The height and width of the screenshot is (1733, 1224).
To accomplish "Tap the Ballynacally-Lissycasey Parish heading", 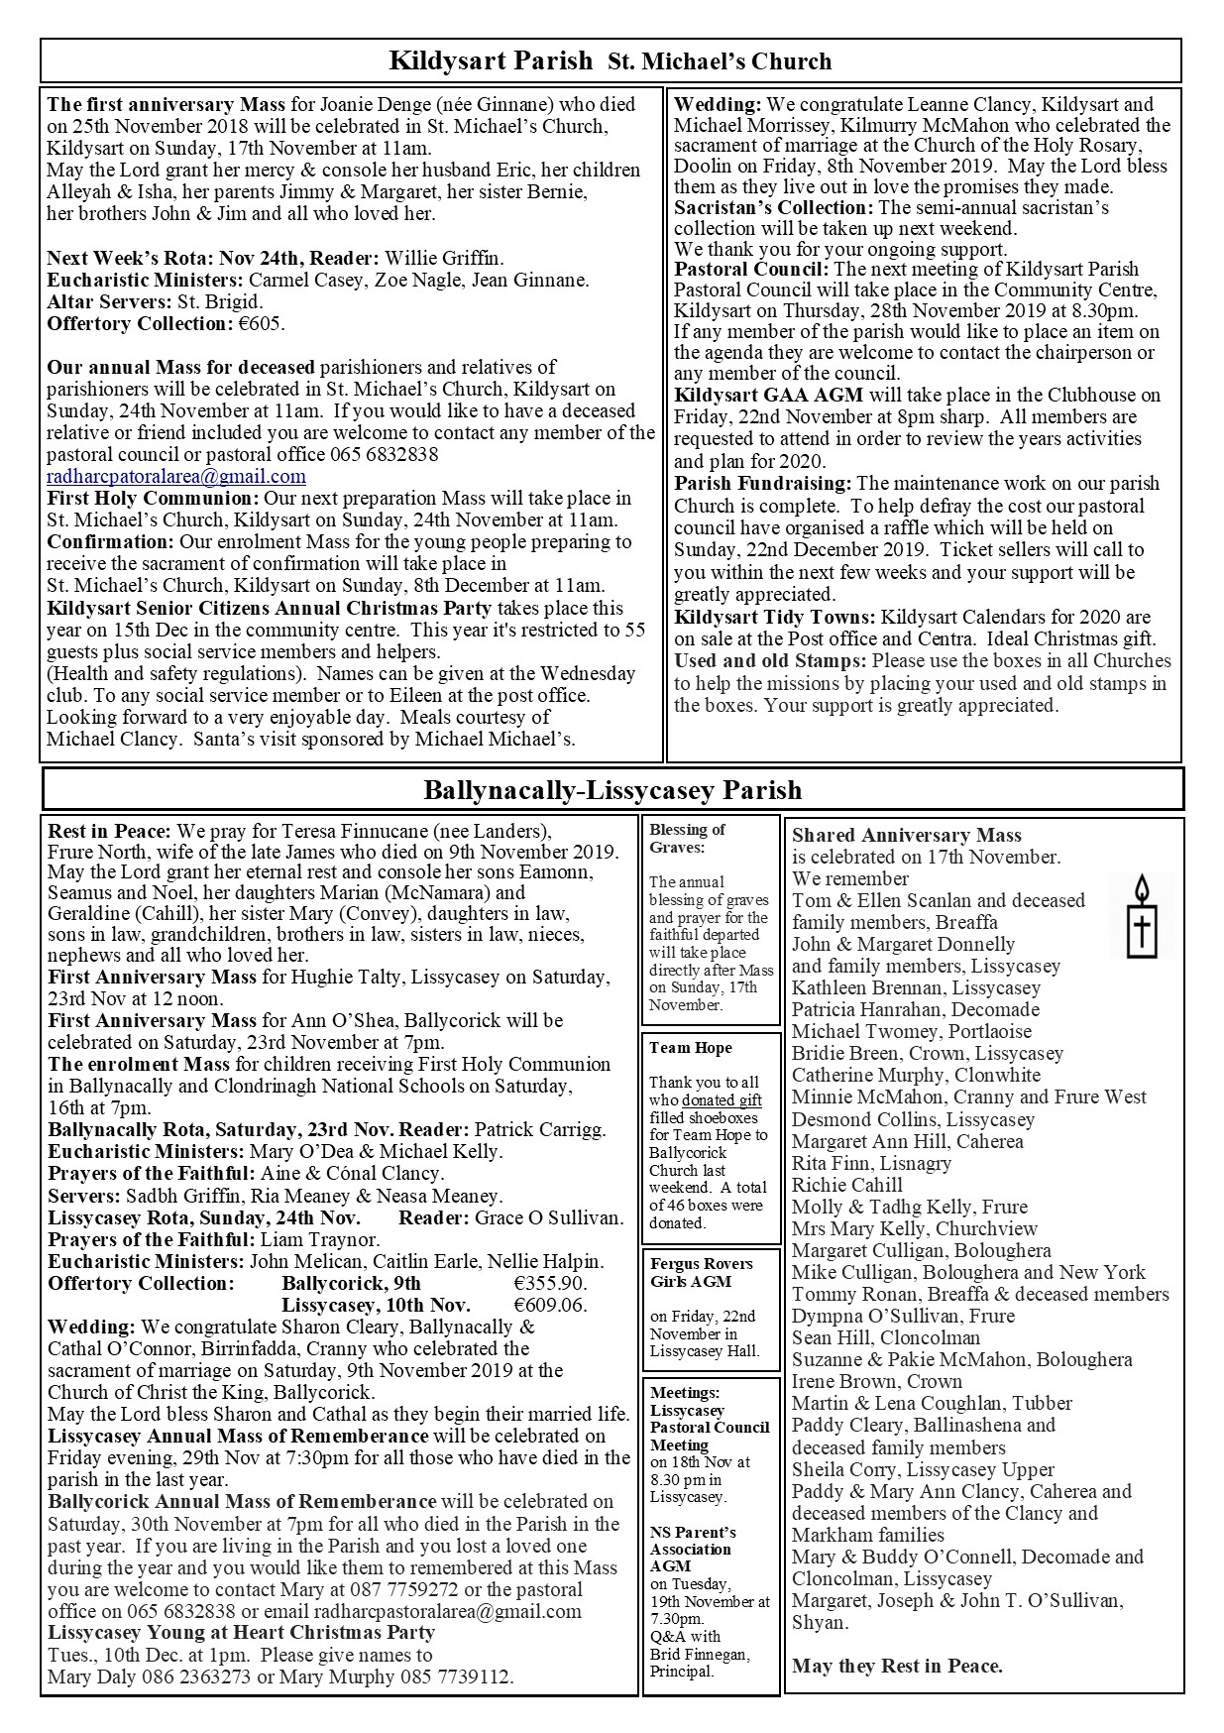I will click(x=612, y=790).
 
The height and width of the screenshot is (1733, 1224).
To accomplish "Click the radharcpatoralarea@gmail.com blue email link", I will click(x=176, y=476).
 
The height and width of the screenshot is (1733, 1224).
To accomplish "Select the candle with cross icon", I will click(x=1142, y=915).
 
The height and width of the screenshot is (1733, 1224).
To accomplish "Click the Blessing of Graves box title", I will click(x=687, y=838).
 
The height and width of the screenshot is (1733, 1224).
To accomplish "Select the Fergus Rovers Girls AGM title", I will click(x=701, y=1272).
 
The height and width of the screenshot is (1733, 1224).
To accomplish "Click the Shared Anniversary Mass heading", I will click(x=906, y=835).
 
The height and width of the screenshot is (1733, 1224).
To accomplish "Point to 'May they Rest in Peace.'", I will click(x=897, y=1666).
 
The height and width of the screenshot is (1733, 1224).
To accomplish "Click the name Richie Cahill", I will click(x=846, y=1185).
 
